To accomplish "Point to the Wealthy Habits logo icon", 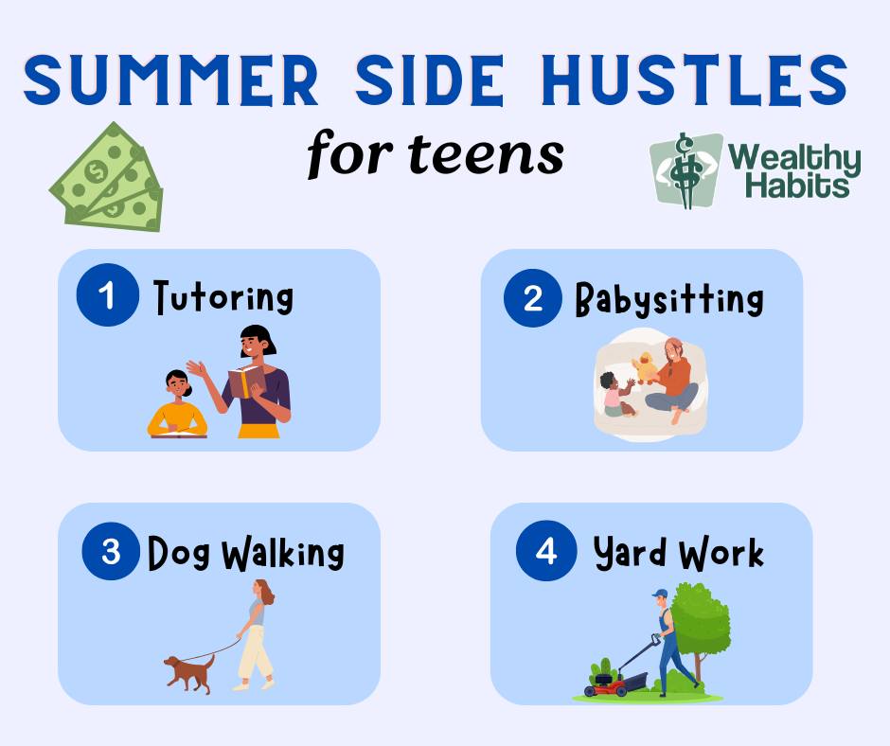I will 685,170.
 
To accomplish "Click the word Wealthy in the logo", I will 795,158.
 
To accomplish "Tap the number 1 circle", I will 107,296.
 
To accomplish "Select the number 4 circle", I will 546,551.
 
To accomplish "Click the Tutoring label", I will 223,297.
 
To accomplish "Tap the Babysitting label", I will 668,299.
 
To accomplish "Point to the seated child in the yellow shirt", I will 177,405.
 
